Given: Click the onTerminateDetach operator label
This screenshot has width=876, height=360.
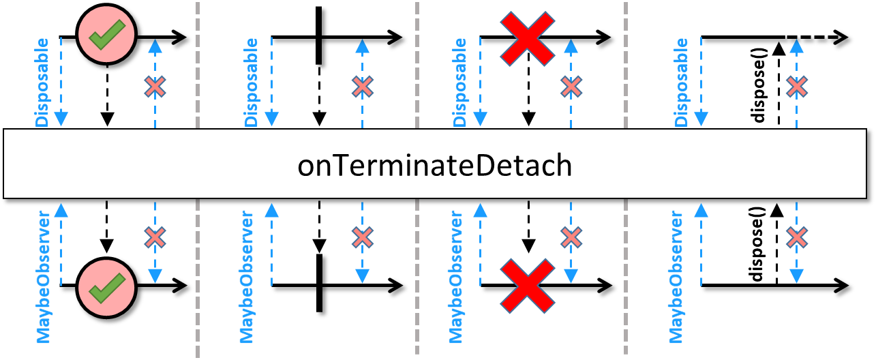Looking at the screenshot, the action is click(x=434, y=166).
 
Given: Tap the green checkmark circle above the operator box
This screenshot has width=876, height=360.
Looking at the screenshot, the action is click(x=106, y=34).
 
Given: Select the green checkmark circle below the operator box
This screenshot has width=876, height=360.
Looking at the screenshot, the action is click(x=106, y=288).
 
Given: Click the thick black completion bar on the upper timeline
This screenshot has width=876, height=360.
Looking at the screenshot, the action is click(x=319, y=35).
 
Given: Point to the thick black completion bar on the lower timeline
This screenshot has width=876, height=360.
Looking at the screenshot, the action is click(x=320, y=283).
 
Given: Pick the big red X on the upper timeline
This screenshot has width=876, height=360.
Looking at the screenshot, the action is click(x=528, y=38).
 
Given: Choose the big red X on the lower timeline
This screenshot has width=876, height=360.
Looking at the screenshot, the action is click(x=528, y=286).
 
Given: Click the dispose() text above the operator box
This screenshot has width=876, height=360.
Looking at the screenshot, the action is click(x=759, y=85).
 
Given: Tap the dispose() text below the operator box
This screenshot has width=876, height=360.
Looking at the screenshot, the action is click(x=756, y=244).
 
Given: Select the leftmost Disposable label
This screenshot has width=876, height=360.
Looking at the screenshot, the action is click(x=42, y=82).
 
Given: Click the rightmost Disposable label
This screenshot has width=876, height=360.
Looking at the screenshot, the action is click(x=681, y=82).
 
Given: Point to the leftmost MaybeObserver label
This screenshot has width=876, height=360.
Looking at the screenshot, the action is click(x=43, y=277).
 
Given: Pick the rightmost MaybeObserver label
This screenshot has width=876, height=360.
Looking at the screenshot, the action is click(x=676, y=277).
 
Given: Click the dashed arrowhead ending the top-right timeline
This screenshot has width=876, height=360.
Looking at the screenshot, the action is click(x=840, y=37).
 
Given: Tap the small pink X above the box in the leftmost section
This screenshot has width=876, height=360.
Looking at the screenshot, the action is click(x=155, y=87).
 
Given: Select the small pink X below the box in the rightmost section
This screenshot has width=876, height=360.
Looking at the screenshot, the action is click(x=797, y=237).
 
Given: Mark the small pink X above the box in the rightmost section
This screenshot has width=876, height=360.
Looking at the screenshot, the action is click(x=797, y=87).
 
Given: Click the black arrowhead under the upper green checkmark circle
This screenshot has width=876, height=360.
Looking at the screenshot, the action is click(x=107, y=119).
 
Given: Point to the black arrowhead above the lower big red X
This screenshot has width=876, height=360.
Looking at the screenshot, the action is click(x=529, y=246).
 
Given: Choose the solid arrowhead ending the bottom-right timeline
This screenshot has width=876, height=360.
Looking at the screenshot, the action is click(x=841, y=286).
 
